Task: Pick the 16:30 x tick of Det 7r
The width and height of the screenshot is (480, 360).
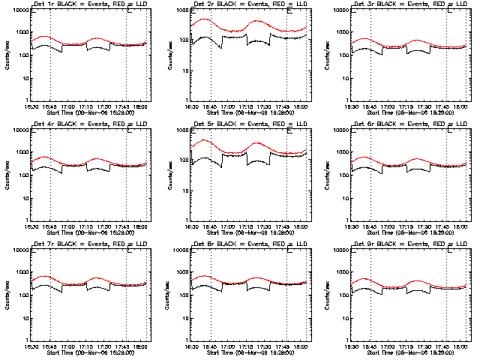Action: tap(30, 346)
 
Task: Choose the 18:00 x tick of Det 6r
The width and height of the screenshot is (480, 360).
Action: tap(452, 226)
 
